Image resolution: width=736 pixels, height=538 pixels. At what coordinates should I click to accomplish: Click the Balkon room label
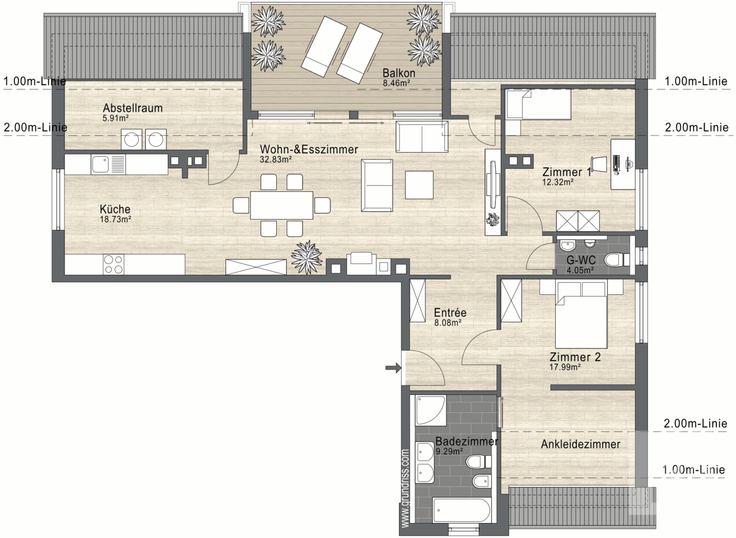click(x=398, y=73)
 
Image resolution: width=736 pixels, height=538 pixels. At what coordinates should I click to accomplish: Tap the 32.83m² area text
click(x=276, y=159)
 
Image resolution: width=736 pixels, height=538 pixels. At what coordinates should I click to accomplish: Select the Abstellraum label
click(x=132, y=108)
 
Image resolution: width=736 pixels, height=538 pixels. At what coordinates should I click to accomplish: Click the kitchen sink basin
click(x=100, y=164)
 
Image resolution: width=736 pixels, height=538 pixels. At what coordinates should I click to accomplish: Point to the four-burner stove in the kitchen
click(x=114, y=265)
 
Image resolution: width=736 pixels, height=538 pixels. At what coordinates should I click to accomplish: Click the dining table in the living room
click(x=281, y=205)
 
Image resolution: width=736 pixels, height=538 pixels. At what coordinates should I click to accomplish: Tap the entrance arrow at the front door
click(x=393, y=368)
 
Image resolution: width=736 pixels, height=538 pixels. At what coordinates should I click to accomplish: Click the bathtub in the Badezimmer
click(x=462, y=510)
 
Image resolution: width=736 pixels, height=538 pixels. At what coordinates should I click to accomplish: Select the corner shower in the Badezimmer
click(x=430, y=410)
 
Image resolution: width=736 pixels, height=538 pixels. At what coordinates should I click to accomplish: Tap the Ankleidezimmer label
click(x=581, y=444)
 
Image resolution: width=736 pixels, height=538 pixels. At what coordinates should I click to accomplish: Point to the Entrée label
click(x=450, y=312)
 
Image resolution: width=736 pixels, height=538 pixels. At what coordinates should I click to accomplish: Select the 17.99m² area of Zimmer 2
click(x=565, y=367)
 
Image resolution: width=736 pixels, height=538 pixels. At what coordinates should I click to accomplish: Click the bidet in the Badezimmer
click(x=482, y=482)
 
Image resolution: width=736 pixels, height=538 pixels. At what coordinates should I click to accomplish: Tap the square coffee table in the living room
click(x=419, y=185)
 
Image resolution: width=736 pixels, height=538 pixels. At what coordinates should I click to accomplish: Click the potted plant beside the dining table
click(x=307, y=258)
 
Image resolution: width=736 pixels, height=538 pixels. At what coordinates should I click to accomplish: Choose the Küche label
click(x=115, y=209)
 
